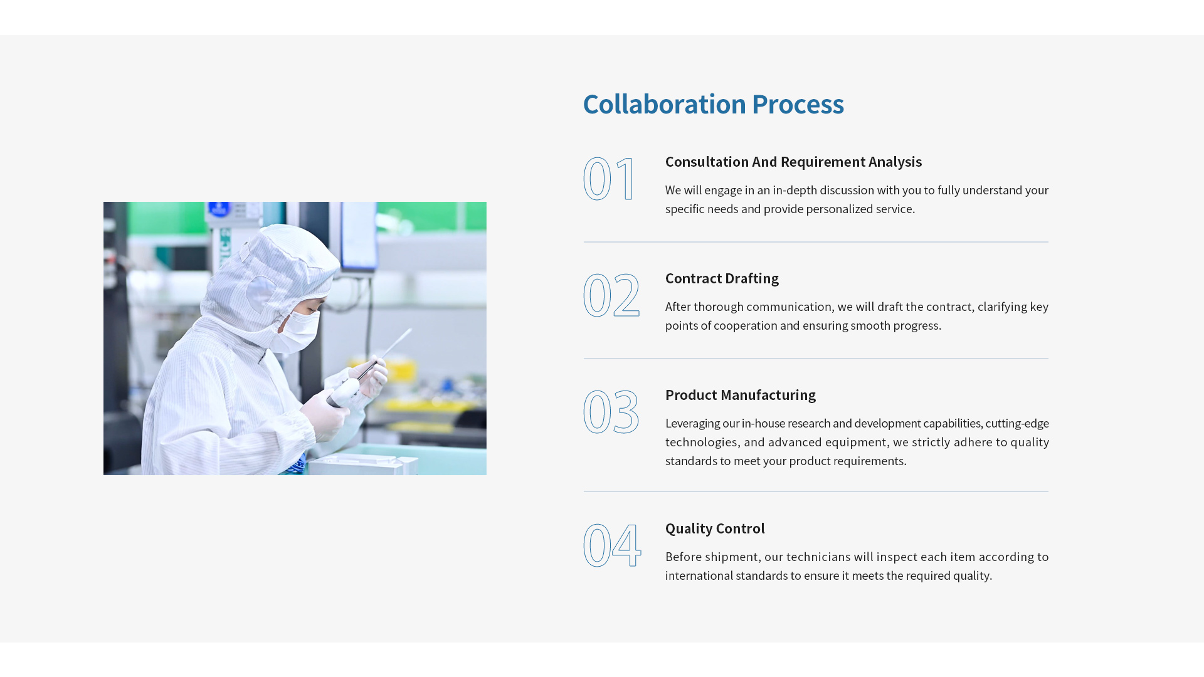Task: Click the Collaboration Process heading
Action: pyautogui.click(x=713, y=104)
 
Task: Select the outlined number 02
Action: pyautogui.click(x=611, y=295)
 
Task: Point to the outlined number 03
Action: pyautogui.click(x=611, y=412)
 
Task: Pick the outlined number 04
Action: pyautogui.click(x=612, y=545)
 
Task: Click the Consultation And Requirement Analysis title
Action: pyautogui.click(x=793, y=162)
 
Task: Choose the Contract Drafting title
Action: pyautogui.click(x=722, y=278)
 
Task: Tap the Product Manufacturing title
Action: pyautogui.click(x=741, y=395)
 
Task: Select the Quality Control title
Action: pyautogui.click(x=715, y=528)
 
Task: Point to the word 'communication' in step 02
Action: pyautogui.click(x=789, y=307)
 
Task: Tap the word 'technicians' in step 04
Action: pyautogui.click(x=818, y=557)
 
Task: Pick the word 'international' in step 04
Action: pyautogui.click(x=699, y=575)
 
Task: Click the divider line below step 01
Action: pyautogui.click(x=816, y=242)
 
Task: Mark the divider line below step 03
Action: pyautogui.click(x=816, y=491)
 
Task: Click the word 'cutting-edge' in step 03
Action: pyautogui.click(x=1017, y=424)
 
